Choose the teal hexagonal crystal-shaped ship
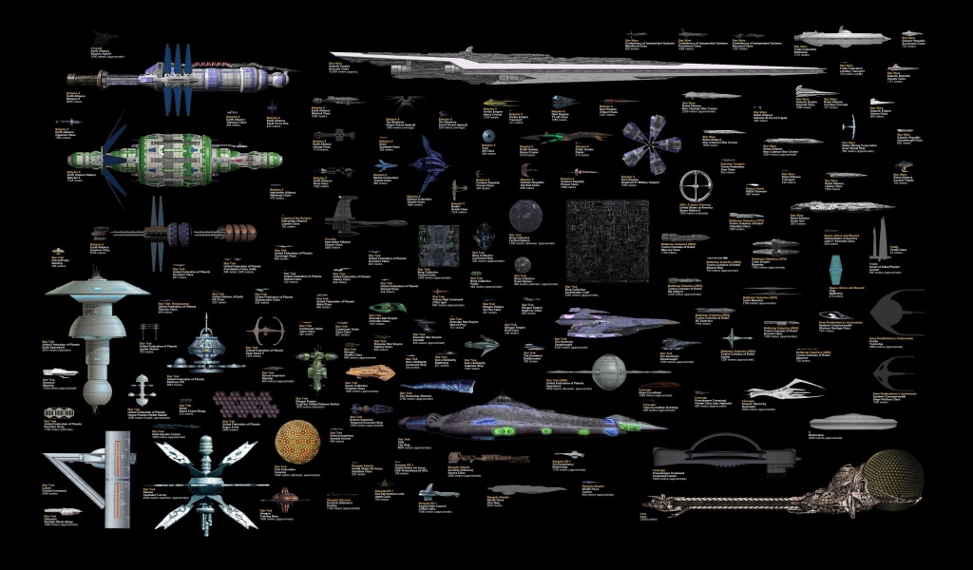pos(836,266)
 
